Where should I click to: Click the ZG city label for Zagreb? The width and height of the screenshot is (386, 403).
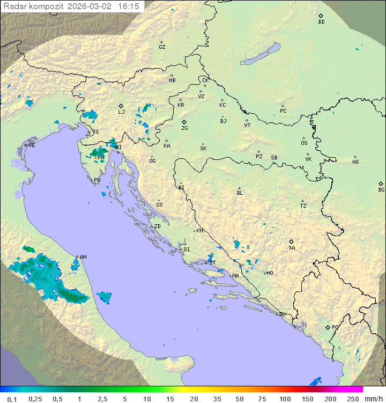(x=184, y=128)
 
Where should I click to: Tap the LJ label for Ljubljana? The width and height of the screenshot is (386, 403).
(x=121, y=112)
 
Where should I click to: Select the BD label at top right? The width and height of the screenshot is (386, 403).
(x=321, y=22)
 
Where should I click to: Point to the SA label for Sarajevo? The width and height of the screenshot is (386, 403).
(x=292, y=247)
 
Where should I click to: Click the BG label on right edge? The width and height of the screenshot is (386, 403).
(x=381, y=189)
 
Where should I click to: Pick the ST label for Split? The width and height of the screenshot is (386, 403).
(x=212, y=263)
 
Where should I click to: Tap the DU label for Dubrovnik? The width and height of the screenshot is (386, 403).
(x=281, y=314)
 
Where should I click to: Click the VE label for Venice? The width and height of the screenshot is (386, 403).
(x=32, y=145)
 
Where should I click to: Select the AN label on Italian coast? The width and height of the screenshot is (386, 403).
(x=83, y=257)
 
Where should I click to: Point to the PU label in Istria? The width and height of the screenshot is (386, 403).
(x=97, y=180)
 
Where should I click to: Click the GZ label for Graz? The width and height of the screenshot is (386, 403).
(x=162, y=47)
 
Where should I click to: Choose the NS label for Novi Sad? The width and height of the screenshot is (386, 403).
(x=355, y=162)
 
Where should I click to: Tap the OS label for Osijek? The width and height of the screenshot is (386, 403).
(x=304, y=143)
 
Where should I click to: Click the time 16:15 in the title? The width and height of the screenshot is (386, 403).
(x=129, y=6)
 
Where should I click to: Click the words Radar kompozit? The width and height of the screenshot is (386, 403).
(x=33, y=6)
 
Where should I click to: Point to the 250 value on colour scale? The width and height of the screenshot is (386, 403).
(x=352, y=399)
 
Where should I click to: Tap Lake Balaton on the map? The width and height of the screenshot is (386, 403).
(x=261, y=54)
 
